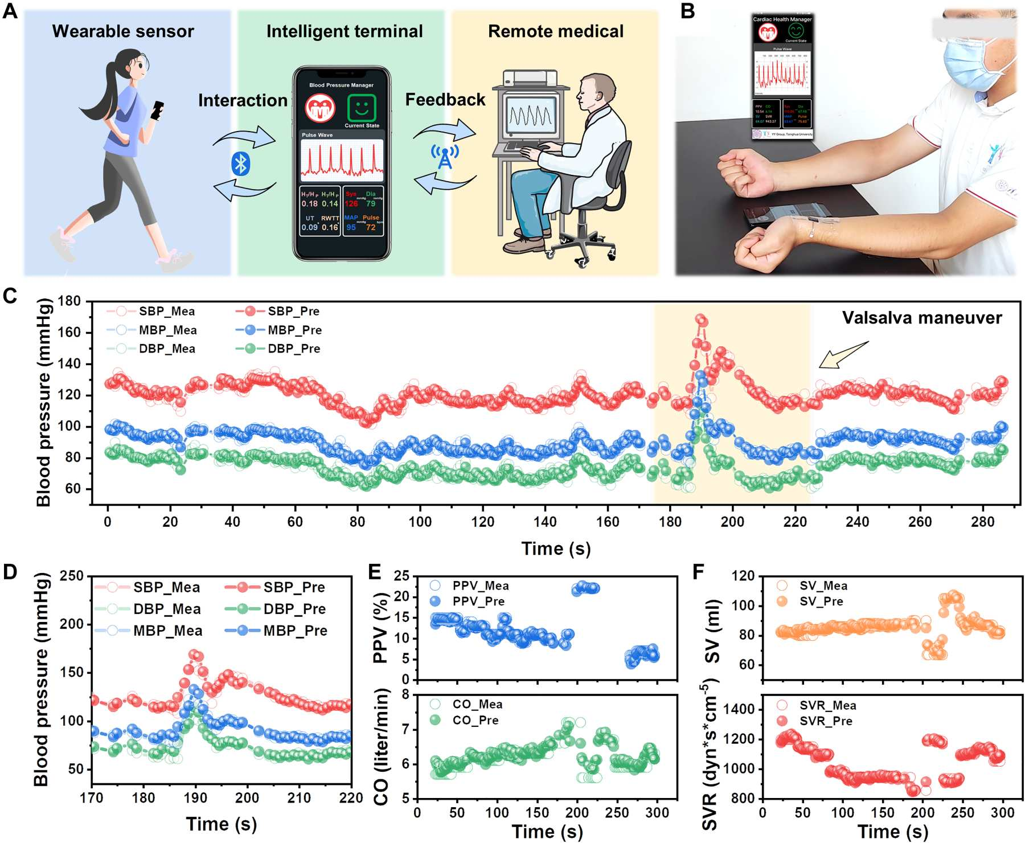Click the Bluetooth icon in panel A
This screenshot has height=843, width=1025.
point(240,164)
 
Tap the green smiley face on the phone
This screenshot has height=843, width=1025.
point(362,107)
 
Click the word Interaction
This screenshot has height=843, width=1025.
point(243,100)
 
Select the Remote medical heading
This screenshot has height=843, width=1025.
point(556,31)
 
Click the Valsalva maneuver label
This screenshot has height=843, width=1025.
point(921,318)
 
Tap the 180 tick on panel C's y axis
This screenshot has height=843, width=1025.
point(69,301)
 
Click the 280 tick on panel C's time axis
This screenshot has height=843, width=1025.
point(982,522)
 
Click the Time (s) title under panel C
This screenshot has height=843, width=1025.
point(556,549)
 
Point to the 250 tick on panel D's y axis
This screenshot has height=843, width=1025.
point(72,576)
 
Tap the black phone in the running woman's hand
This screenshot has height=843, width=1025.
point(157,110)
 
